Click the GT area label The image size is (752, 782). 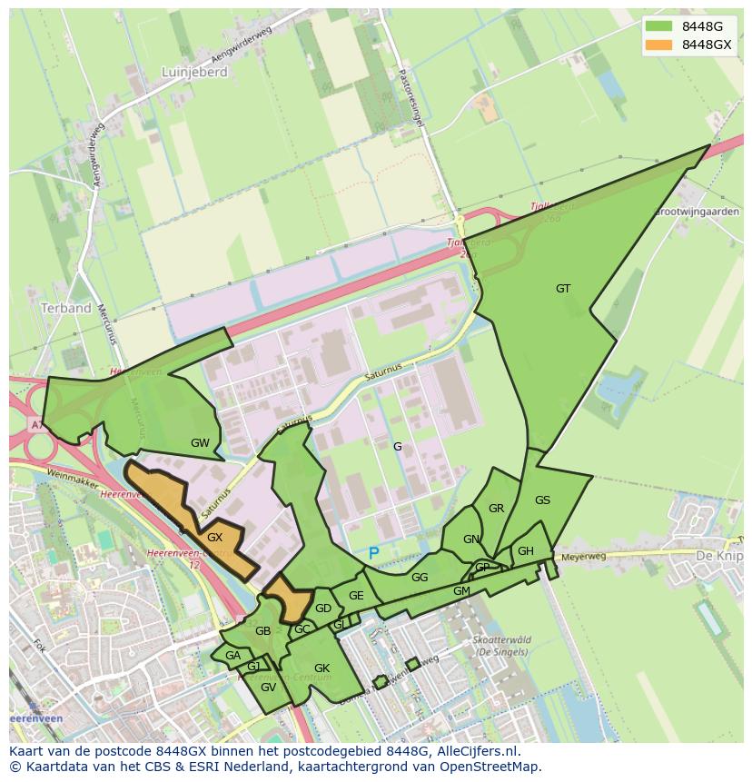coord(563,289)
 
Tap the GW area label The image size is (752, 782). coord(200,443)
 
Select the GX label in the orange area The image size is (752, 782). coord(214,538)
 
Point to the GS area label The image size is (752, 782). coord(542,500)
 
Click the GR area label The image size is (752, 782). coord(496,509)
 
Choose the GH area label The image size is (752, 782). coord(525,551)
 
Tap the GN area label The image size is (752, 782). coord(470,539)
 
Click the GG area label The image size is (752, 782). coord(419,578)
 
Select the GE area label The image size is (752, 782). coord(356,596)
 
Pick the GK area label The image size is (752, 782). coord(322,668)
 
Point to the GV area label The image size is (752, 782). coord(268,688)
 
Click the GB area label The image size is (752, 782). coord(262,631)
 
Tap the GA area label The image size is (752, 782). coord(233,656)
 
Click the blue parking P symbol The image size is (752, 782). coord(373,553)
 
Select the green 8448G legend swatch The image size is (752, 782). coord(658,26)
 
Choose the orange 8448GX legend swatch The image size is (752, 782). coord(658,45)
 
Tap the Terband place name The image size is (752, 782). coord(66,308)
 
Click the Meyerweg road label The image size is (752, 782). coord(582,557)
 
